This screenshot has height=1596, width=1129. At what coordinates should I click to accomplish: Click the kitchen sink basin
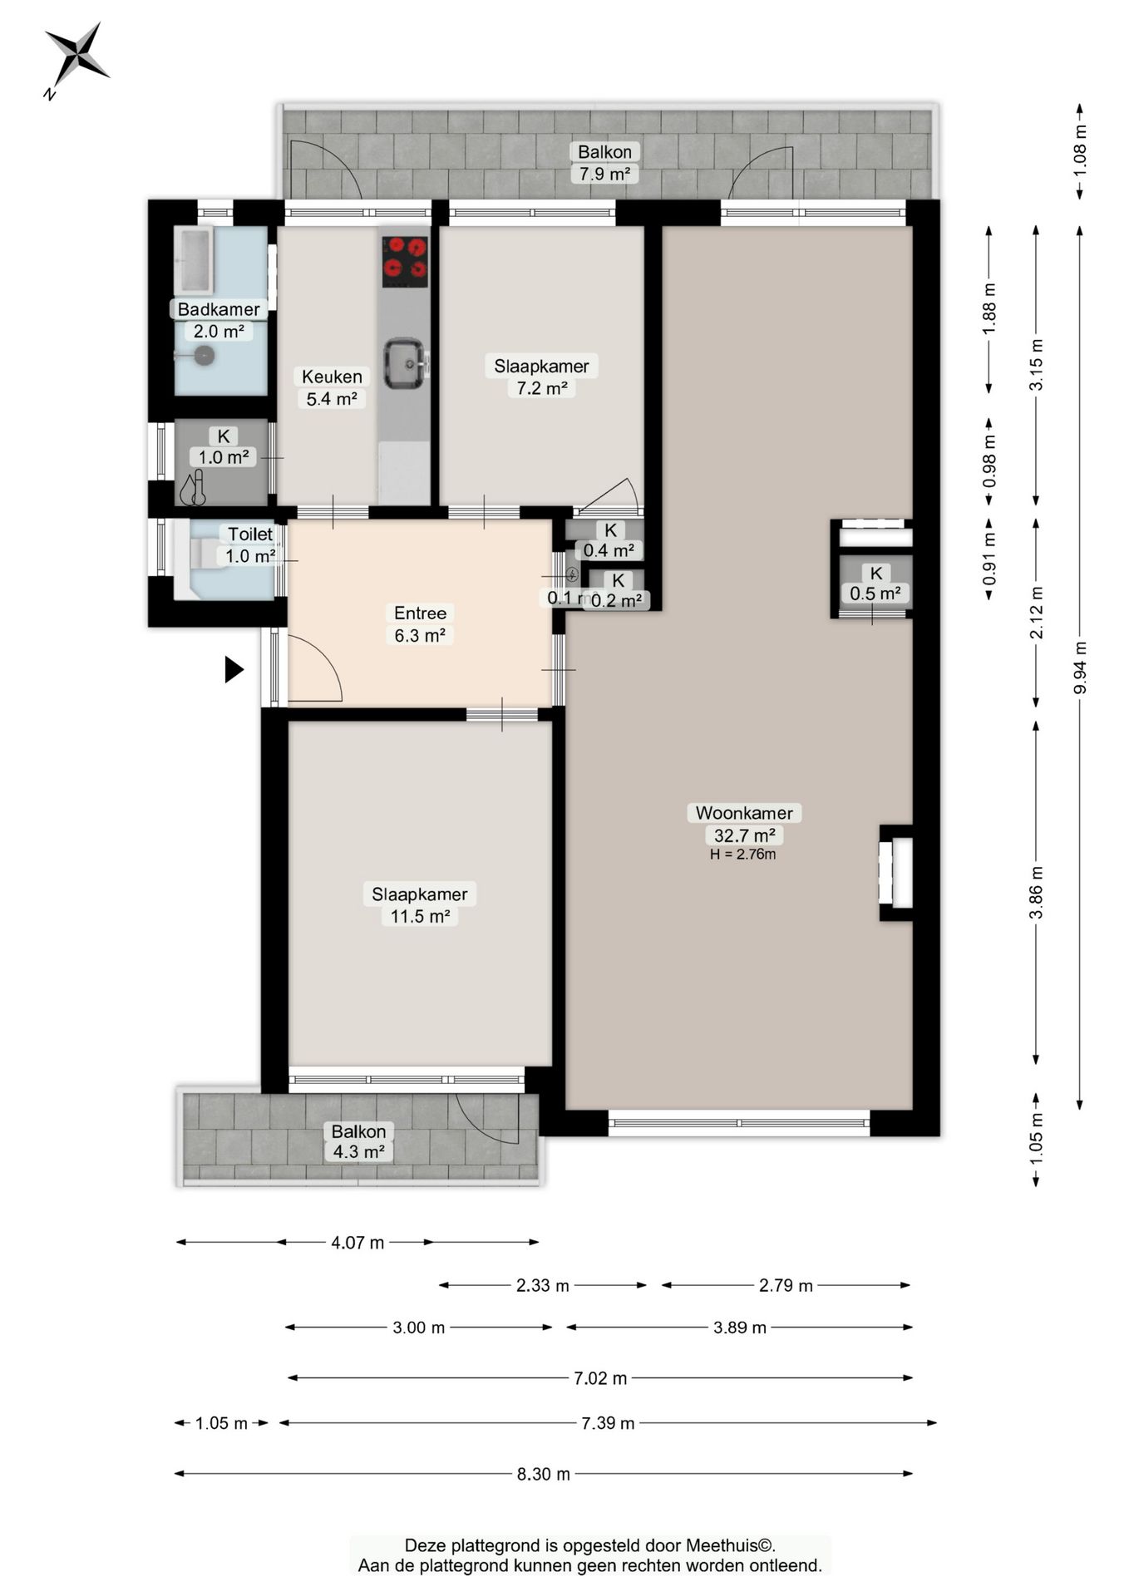coord(406,362)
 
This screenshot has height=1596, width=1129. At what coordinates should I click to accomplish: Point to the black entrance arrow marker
coord(234,669)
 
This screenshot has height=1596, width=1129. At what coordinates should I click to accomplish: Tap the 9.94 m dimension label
coord(1080,667)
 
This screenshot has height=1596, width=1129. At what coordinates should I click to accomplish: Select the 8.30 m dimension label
coord(544,1474)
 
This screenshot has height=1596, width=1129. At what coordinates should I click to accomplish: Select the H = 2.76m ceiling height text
coord(743,854)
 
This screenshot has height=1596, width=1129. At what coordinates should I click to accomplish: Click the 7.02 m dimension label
coord(600,1378)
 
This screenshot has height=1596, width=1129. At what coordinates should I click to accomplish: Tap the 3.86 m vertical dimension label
coord(1037,893)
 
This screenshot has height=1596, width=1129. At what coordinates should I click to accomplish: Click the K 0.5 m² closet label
coord(875,584)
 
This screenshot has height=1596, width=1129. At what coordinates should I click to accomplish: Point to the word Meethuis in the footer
coord(722,1545)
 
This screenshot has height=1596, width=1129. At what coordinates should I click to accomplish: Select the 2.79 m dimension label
coord(786,1285)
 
